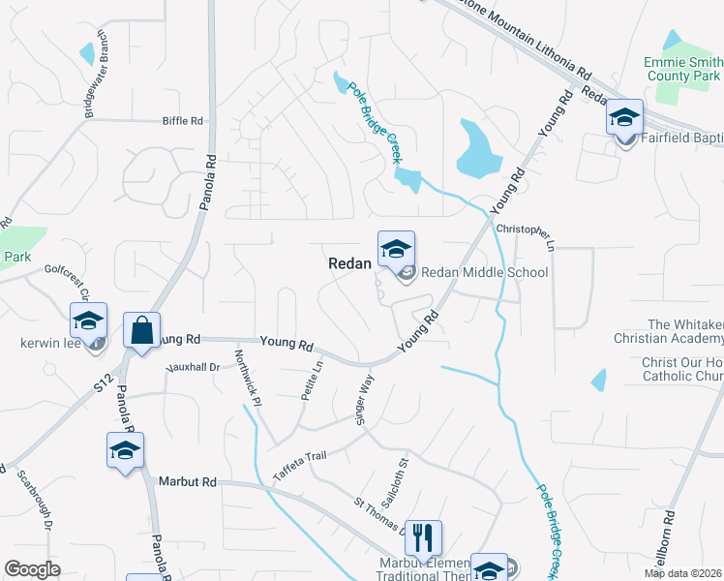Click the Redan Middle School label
(484, 272)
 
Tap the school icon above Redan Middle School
(396, 250)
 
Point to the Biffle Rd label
(183, 121)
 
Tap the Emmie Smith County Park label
(682, 69)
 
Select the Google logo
(33, 568)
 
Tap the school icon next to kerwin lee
(89, 320)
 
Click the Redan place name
(350, 262)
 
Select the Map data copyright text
(683, 573)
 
